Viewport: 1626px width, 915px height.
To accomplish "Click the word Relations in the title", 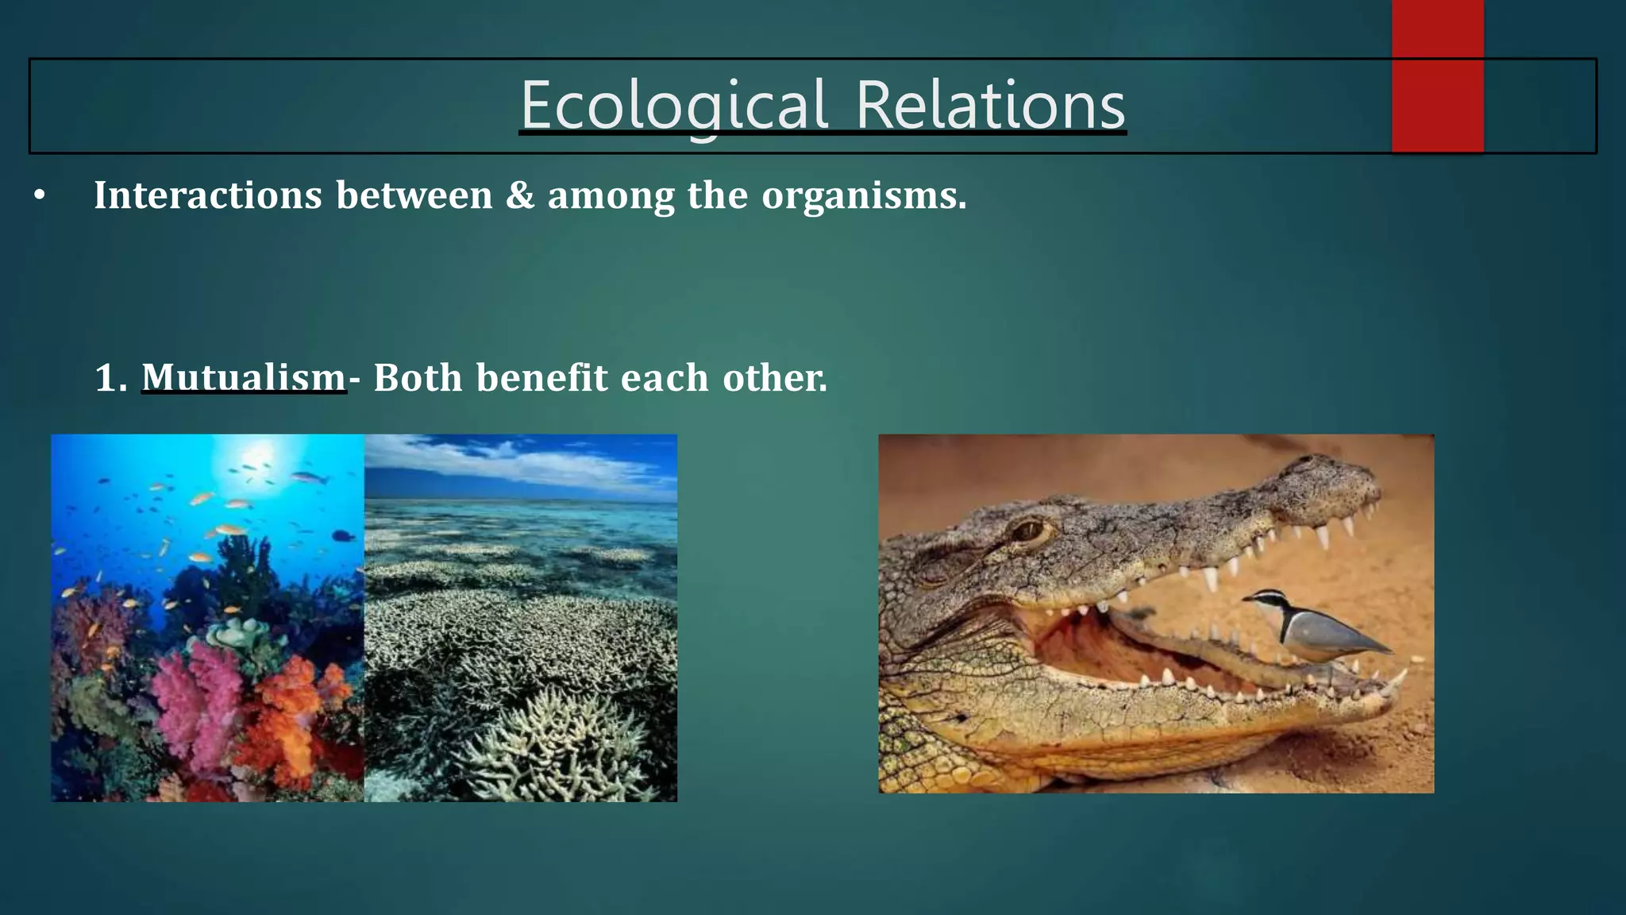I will [990, 106].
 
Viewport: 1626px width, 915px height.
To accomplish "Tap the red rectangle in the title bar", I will [1437, 76].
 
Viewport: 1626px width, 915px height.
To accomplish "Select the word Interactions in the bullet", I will [208, 195].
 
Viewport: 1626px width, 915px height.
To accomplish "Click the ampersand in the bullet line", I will [520, 195].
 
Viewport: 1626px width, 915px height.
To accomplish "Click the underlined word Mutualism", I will [244, 377].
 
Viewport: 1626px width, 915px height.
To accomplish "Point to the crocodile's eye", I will [1030, 530].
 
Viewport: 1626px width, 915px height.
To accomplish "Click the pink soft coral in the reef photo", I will [198, 699].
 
